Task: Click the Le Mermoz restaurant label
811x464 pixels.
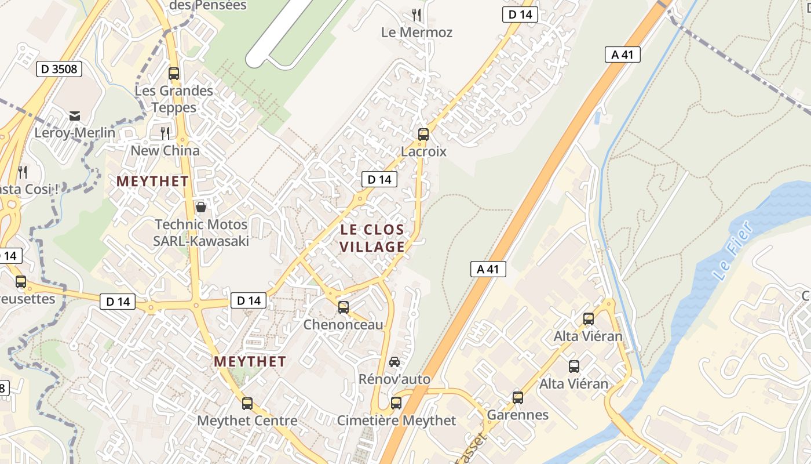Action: (417, 32)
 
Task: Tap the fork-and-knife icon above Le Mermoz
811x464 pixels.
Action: (416, 14)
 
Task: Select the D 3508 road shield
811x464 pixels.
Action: (59, 69)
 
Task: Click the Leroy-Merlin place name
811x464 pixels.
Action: (75, 133)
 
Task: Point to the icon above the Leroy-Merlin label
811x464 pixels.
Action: (75, 116)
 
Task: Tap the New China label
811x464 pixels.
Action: (165, 151)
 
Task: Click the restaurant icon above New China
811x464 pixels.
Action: (165, 133)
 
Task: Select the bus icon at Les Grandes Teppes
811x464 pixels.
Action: (173, 74)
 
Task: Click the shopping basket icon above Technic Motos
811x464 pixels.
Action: (201, 206)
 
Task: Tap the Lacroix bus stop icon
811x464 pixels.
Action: (423, 135)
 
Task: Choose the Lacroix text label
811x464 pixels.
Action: (424, 151)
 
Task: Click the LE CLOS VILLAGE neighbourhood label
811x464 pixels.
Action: (372, 238)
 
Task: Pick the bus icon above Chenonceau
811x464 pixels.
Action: (344, 307)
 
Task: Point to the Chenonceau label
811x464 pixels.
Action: (344, 325)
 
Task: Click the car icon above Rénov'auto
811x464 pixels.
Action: (394, 362)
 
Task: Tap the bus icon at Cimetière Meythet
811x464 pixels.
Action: (396, 403)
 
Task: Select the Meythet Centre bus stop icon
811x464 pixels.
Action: (247, 404)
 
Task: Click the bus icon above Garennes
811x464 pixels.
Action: (518, 398)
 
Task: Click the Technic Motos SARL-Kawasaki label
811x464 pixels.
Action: (201, 233)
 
